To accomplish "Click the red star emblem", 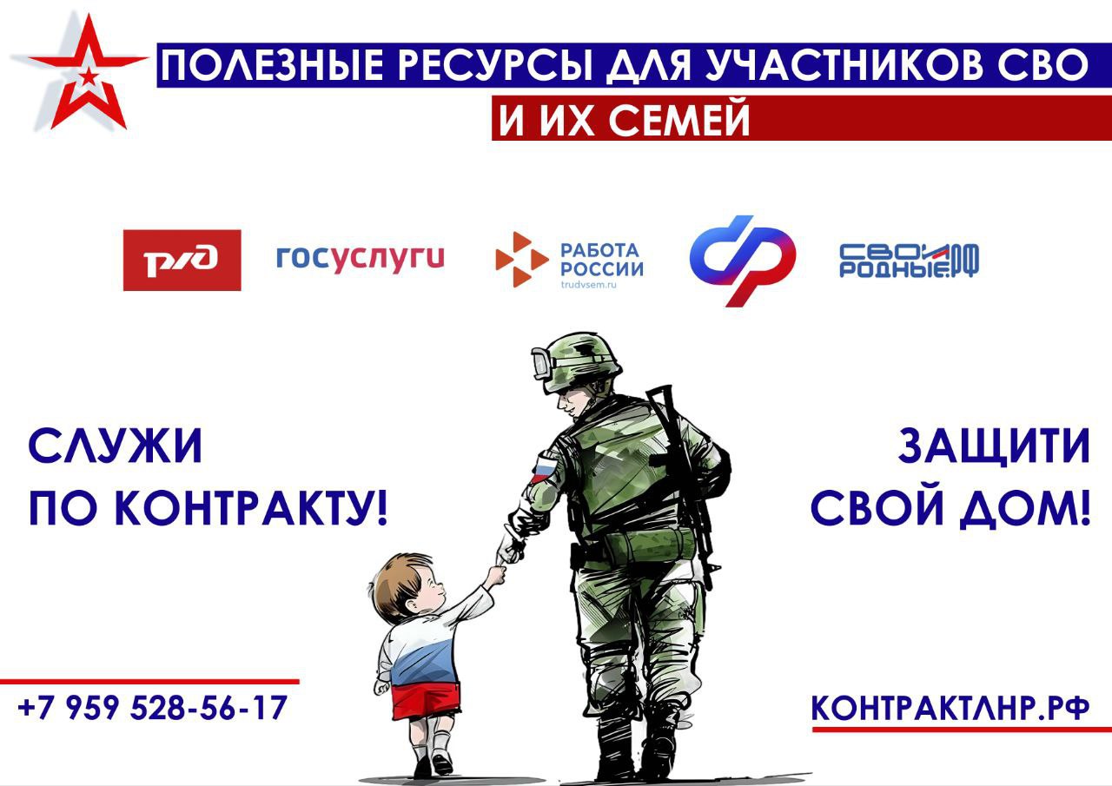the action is point(89,75).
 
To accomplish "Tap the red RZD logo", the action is point(182,260).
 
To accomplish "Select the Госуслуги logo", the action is point(360,259).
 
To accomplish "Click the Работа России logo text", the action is point(602,260).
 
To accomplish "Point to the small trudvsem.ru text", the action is point(588,285).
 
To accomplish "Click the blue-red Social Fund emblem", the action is point(743,261).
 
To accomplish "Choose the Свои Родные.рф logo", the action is point(909,260).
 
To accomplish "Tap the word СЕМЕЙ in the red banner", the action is point(678,119).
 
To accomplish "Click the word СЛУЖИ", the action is point(116,446).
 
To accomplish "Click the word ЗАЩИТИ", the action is point(994,446).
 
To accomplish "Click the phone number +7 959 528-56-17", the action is point(152,707).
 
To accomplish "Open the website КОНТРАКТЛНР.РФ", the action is point(950,708).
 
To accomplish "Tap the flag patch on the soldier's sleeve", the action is point(543,467).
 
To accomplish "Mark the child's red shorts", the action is point(426,701).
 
